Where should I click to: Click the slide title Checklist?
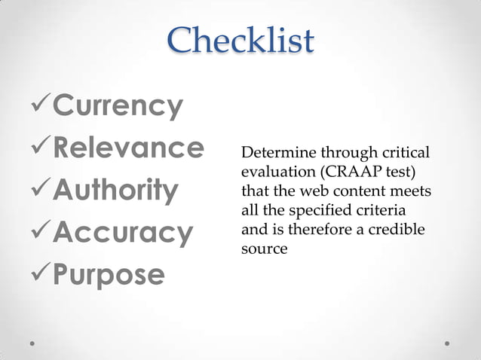240,41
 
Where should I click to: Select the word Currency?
118,106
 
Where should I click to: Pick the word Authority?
115,190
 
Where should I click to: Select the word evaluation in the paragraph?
272,172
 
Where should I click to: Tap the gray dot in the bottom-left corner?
33,343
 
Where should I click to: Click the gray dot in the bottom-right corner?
447,343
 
